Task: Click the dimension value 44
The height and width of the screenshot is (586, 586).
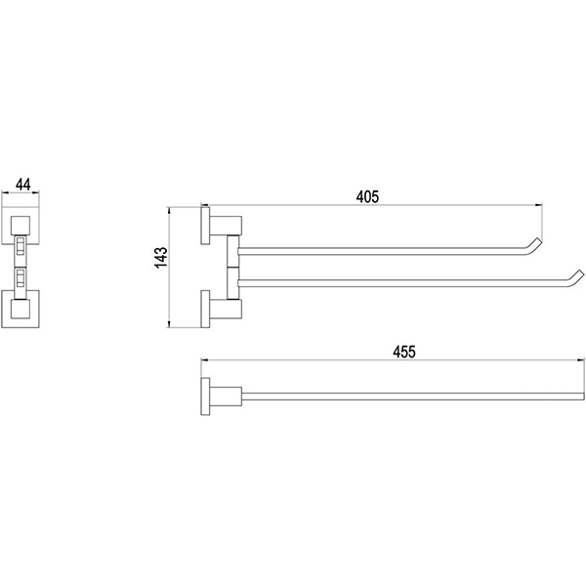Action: [x=23, y=185]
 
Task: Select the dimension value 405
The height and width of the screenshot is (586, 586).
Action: [x=367, y=196]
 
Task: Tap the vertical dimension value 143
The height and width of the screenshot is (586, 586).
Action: [x=161, y=257]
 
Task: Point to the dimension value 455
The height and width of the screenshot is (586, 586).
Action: [x=404, y=352]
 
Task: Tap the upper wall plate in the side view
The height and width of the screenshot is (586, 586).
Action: [x=205, y=226]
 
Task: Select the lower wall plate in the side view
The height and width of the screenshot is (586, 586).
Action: [x=205, y=309]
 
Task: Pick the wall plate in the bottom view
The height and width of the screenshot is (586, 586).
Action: [x=205, y=397]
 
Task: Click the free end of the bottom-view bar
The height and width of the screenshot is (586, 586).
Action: [x=583, y=397]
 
